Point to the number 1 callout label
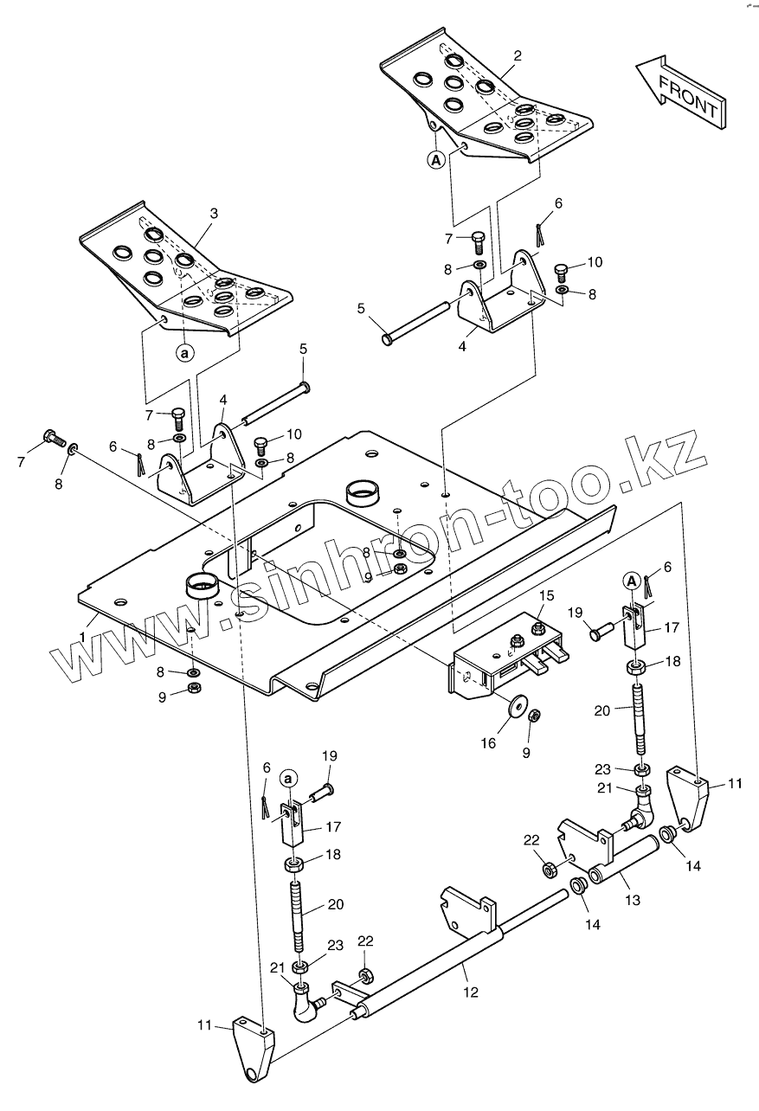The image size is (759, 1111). [x=82, y=636]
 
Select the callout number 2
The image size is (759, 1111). [x=518, y=56]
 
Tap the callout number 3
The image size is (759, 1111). [x=214, y=213]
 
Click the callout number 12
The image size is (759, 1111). [x=472, y=992]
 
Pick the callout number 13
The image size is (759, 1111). [x=633, y=900]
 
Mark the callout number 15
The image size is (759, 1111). [x=547, y=596]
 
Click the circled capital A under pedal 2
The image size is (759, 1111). [x=436, y=159]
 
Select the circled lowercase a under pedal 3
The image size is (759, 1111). [x=185, y=352]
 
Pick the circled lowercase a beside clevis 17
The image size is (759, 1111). [x=288, y=778]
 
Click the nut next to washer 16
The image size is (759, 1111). [x=535, y=716]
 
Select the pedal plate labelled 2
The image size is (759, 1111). [x=485, y=100]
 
